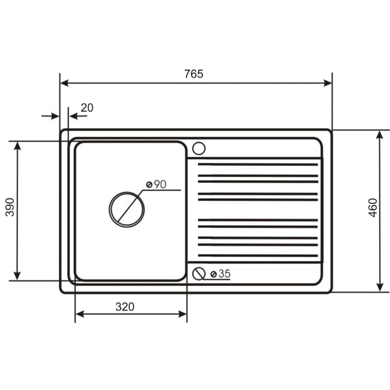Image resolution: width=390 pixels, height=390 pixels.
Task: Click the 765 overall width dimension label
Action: tap(194, 74)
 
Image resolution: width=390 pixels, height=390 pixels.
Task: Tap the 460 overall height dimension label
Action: tap(373, 208)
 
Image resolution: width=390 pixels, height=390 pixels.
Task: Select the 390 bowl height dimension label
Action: tap(10, 207)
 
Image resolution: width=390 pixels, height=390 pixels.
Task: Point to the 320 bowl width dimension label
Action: tap(125, 307)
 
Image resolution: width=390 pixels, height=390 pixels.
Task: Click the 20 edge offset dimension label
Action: tap(87, 107)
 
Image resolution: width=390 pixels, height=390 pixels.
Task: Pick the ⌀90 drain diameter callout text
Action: tap(156, 184)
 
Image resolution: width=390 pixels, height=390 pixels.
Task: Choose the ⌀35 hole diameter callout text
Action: tap(220, 274)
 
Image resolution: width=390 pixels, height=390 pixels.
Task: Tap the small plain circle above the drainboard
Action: tap(199, 142)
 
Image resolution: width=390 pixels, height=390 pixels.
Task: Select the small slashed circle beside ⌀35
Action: tap(199, 267)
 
